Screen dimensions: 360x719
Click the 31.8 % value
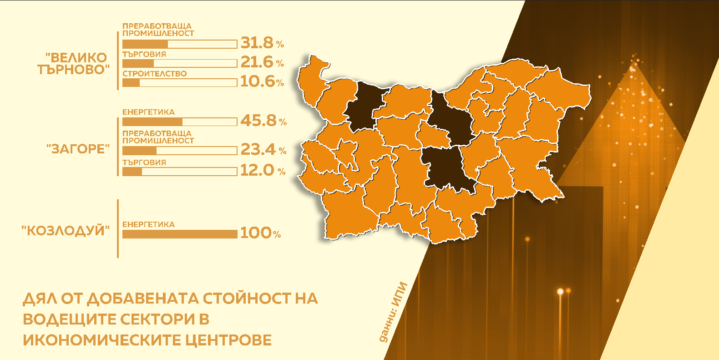pos(262,43)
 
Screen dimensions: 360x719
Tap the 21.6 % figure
pos(262,62)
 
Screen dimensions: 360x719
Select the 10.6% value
pos(262,81)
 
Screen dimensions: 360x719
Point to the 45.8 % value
pos(263,121)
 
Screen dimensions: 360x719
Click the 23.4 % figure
pos(263,149)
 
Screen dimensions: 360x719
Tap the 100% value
pos(260,233)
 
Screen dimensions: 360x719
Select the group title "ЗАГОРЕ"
pos(78,149)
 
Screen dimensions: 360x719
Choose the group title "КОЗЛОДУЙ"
pos(66,231)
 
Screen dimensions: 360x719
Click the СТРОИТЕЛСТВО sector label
pos(154,74)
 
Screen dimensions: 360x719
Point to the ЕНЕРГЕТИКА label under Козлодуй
pos(148,224)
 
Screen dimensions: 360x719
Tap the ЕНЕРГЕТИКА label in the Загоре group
pos(148,112)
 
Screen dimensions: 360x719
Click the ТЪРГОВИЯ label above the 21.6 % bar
pos(144,54)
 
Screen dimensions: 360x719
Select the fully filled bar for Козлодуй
pos(180,234)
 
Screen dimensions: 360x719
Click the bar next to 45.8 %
pos(180,122)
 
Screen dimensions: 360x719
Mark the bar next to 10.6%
pos(180,83)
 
